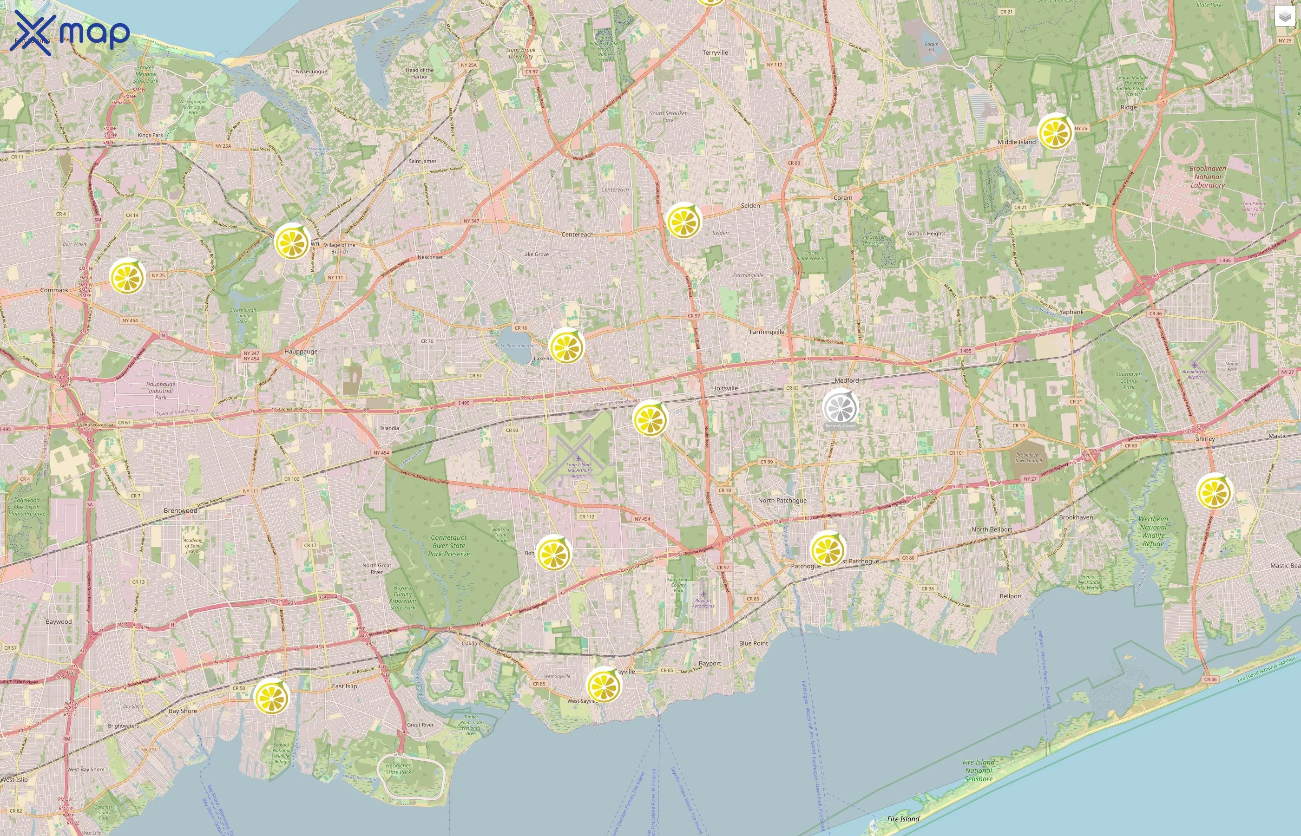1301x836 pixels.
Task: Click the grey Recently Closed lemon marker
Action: point(840,406)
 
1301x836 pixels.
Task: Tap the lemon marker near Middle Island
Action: point(1054,131)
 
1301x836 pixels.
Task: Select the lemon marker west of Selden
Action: point(683,221)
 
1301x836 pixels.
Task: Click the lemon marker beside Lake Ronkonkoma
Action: point(566,346)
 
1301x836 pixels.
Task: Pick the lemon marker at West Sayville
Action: point(603,685)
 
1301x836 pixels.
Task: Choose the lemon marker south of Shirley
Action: point(1214,491)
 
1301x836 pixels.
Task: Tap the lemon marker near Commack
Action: point(127,276)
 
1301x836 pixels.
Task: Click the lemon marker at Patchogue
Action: point(827,549)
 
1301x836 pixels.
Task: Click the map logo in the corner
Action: point(70,33)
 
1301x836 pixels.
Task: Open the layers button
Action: point(1285,17)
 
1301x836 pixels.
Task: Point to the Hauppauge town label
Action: point(301,351)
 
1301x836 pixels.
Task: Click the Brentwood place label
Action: point(180,510)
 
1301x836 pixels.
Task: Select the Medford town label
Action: point(847,380)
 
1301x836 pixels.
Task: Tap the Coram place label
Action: point(843,197)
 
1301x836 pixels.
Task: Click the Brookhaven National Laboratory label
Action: point(1207,176)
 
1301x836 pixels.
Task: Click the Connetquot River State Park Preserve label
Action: point(449,546)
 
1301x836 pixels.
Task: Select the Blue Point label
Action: point(753,643)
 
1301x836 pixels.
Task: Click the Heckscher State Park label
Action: point(398,769)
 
